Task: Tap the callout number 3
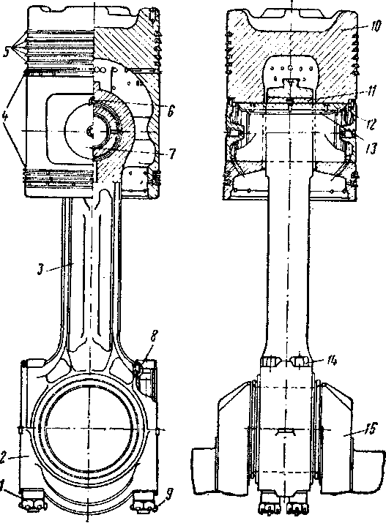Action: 41,269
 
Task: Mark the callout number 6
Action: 170,110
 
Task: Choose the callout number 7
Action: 171,154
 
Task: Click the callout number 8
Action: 153,336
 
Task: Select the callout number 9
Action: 169,494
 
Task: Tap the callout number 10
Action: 375,26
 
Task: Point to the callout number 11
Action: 371,90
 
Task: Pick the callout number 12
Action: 371,124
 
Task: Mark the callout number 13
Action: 371,148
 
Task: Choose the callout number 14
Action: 332,361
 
